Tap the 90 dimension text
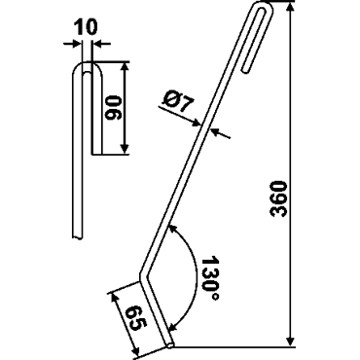[113, 108]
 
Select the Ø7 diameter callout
[177, 101]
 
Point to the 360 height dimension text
[278, 198]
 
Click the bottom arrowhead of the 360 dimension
[291, 341]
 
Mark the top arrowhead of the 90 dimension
[125, 67]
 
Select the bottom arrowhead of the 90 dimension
[125, 148]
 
